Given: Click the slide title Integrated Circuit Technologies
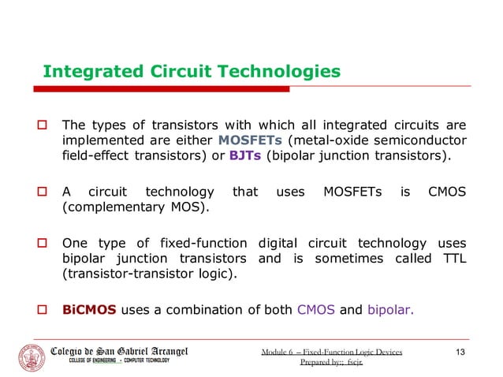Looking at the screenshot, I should [x=192, y=73].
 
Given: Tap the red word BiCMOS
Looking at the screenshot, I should [x=90, y=309].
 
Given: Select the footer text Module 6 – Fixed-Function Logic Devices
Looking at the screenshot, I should [x=332, y=349].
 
